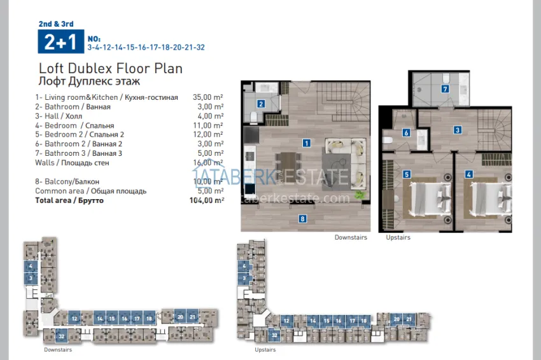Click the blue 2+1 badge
[60, 42]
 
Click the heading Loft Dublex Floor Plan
[111, 69]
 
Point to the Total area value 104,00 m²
[208, 200]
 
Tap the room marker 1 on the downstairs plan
[307, 143]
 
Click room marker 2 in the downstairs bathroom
[261, 104]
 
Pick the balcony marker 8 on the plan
[303, 219]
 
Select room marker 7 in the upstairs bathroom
[445, 89]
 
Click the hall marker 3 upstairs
[457, 130]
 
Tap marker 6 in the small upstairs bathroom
[406, 133]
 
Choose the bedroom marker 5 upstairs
[406, 174]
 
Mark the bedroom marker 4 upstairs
[468, 174]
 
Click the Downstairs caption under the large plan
[351, 237]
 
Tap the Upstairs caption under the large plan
[398, 237]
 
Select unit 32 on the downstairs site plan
[61, 336]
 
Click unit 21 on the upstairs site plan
[408, 319]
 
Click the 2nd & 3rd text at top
[56, 24]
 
